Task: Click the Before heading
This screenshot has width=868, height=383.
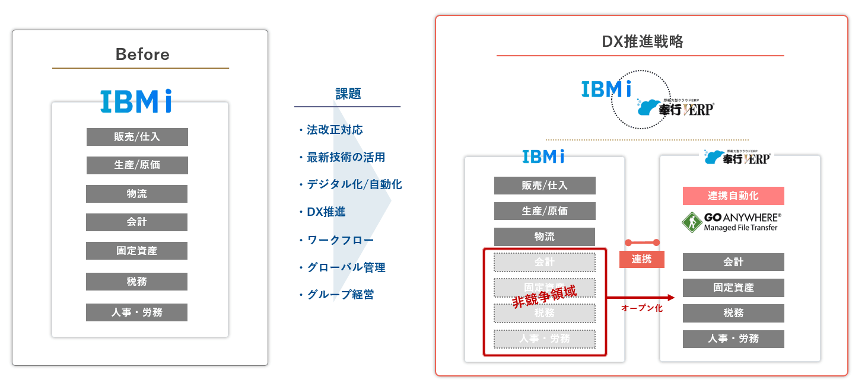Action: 142,55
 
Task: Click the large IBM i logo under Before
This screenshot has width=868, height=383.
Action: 136,101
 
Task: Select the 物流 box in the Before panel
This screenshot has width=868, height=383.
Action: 136,194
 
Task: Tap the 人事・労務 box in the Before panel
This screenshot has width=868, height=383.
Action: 136,312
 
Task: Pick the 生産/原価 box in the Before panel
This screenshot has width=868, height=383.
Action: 137,165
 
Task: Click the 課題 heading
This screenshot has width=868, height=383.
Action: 348,94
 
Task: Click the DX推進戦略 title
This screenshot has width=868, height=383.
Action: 642,42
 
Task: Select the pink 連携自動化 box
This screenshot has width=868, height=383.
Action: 733,196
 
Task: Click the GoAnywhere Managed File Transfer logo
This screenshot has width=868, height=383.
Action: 733,222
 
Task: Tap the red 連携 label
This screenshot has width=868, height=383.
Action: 641,259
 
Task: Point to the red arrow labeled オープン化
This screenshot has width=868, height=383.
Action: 641,298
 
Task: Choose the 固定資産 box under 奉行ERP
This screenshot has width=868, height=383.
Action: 733,288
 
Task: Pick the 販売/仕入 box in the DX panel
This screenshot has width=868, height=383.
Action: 545,186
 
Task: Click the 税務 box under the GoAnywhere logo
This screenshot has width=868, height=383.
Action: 733,313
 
